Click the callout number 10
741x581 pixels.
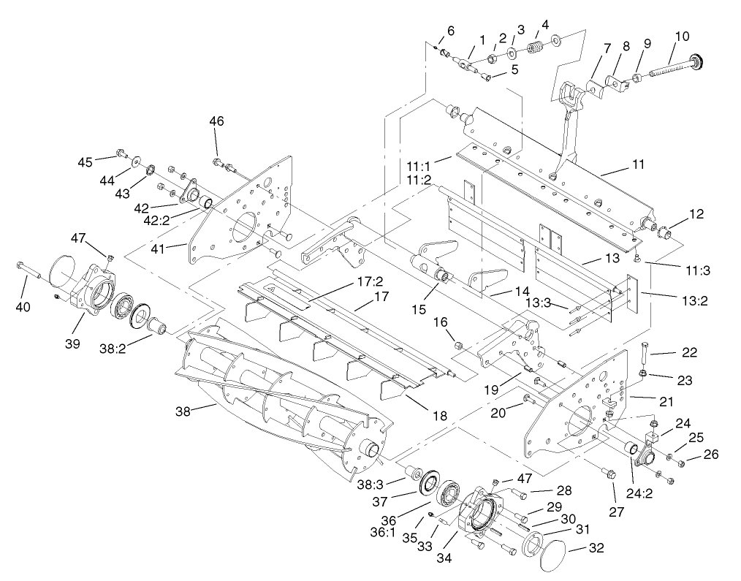pos(682,37)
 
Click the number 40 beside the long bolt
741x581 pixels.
pos(23,307)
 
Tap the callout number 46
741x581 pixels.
pos(217,121)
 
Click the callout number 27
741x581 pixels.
pos(617,512)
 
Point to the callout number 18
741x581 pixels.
pos(439,415)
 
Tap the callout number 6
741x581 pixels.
pos(451,31)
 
